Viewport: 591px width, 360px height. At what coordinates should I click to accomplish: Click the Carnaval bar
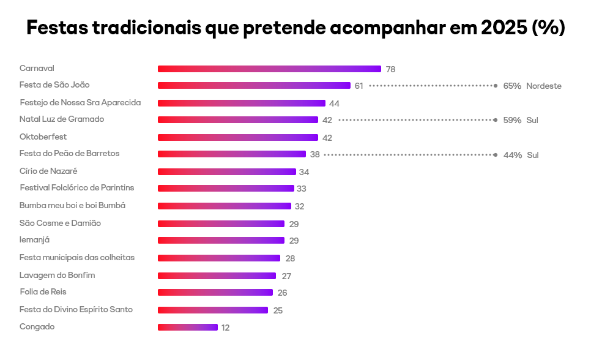269,69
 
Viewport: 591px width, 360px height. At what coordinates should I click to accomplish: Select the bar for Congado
188,328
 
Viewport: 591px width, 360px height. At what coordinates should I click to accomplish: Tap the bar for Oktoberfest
238,138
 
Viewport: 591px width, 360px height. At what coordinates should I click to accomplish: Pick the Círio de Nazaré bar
227,172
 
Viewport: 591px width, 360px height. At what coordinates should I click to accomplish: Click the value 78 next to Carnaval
390,70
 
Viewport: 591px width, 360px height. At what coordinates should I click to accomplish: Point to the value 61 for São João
359,86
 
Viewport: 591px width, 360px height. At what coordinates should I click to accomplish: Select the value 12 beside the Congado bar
225,328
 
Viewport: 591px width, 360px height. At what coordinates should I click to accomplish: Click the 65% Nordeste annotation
532,86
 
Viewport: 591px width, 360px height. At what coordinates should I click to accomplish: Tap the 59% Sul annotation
520,121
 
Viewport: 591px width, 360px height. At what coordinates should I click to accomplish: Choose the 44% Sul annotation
521,155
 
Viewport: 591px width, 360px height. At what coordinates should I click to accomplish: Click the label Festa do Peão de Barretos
69,154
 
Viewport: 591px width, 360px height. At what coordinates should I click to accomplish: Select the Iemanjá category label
34,240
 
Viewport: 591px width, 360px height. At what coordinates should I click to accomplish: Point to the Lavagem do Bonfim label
57,275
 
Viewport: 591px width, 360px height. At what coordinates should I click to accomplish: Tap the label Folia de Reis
43,292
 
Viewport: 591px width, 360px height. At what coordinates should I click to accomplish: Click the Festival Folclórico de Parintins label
76,187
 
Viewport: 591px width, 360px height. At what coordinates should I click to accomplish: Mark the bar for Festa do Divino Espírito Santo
213,310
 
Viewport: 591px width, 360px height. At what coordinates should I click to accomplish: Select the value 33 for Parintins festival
301,189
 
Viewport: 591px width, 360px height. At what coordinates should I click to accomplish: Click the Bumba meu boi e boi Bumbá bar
225,206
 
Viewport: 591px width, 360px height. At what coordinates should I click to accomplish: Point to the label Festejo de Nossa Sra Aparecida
80,103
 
